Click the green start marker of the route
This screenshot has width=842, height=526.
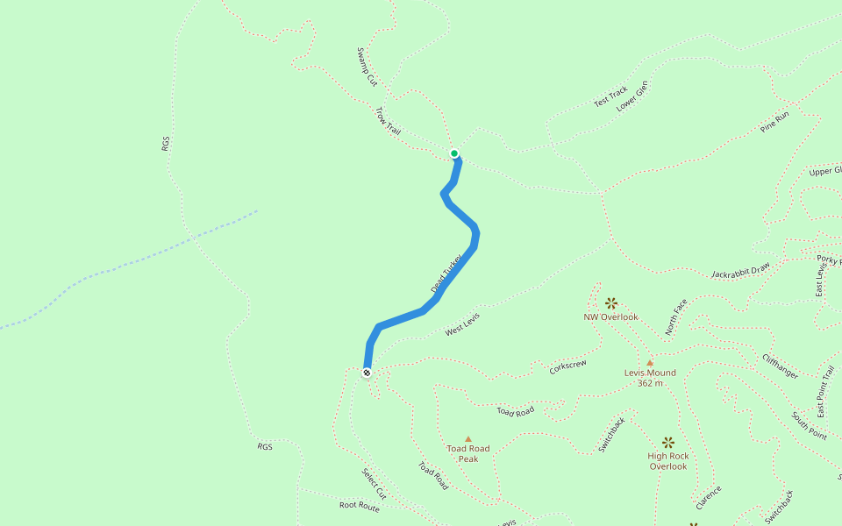[x=454, y=153]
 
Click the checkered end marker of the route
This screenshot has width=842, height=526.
[x=367, y=373]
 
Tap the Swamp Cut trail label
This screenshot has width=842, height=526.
[x=367, y=67]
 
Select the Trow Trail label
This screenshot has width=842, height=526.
[x=388, y=121]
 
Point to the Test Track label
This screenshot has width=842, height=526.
[x=610, y=96]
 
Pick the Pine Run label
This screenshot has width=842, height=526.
[x=775, y=121]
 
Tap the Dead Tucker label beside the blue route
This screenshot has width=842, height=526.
[x=446, y=275]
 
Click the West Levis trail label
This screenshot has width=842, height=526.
[x=462, y=324]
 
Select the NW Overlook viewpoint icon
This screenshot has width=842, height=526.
[x=611, y=302]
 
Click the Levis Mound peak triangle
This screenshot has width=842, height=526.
[x=650, y=362]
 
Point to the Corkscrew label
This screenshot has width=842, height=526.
[x=567, y=366]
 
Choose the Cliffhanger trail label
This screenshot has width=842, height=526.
[x=780, y=366]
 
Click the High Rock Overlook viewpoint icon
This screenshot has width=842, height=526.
[x=668, y=443]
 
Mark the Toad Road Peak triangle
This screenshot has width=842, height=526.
[x=468, y=438]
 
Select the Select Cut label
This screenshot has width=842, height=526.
[x=374, y=484]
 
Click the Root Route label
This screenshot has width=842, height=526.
[x=360, y=506]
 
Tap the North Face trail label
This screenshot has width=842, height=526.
[x=676, y=317]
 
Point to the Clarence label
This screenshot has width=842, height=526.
[x=709, y=498]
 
